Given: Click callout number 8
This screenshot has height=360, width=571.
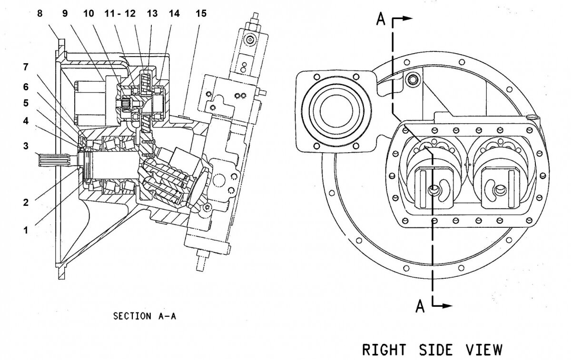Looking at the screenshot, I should (40, 13).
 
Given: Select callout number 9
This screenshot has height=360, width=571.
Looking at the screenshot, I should (65, 13).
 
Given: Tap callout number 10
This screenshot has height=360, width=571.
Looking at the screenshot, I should (89, 13).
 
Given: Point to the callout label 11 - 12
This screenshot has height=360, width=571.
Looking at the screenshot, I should (118, 13).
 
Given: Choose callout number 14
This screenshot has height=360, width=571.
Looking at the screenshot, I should (174, 13).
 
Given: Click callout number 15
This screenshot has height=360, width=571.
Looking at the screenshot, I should (202, 13).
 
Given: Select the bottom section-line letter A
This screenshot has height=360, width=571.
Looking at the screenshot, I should (420, 307).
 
